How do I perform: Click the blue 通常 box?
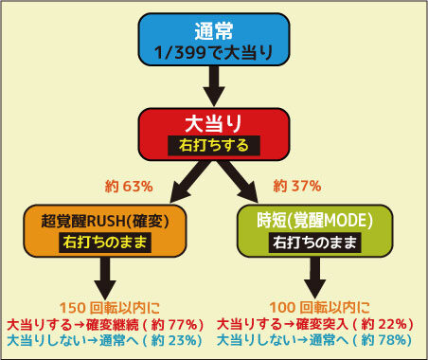214,40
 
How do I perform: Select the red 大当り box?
214,134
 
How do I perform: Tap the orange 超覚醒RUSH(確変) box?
105,231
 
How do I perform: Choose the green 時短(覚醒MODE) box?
314,231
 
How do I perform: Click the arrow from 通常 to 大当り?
214,86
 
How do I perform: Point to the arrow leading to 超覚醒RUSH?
188,181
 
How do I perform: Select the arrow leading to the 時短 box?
239,181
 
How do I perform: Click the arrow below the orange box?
105,278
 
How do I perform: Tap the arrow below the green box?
314,278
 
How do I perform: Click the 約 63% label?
129,187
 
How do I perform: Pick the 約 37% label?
297,186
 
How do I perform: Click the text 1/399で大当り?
214,52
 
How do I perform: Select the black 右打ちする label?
214,146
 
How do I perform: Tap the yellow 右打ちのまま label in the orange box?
105,243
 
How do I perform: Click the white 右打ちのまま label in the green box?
314,243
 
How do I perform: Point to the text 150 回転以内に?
110,308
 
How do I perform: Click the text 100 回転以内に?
319,307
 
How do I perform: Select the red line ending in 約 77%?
105,324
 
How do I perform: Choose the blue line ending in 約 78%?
314,340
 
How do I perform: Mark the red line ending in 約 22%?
315,324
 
